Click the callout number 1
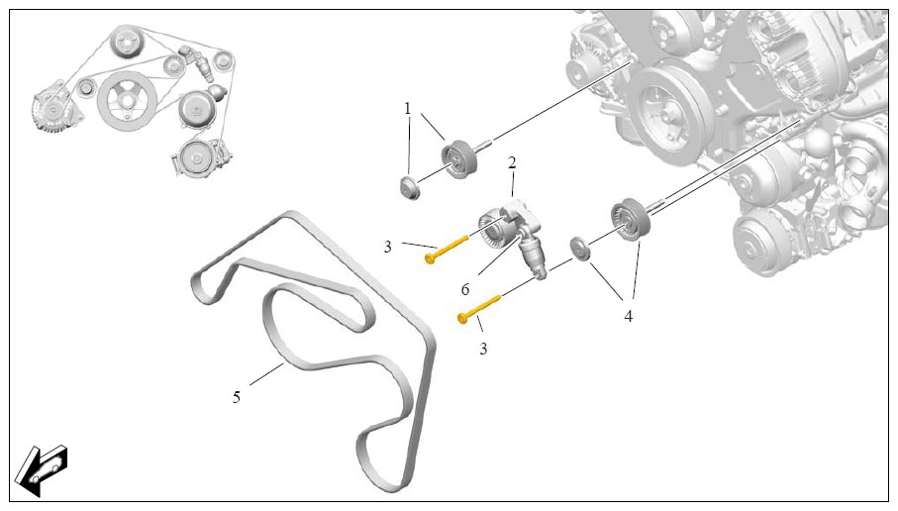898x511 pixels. pyautogui.click(x=407, y=108)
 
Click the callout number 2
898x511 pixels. pyautogui.click(x=512, y=162)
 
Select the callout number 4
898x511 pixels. pyautogui.click(x=629, y=316)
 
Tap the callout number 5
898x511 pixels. pyautogui.click(x=237, y=396)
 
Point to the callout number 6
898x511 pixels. pyautogui.click(x=465, y=290)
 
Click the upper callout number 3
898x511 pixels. pyautogui.click(x=388, y=247)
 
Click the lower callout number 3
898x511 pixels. pyautogui.click(x=483, y=348)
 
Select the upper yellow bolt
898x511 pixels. pyautogui.click(x=447, y=249)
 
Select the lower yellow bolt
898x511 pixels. pyautogui.click(x=479, y=308)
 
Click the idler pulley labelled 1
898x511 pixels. pyautogui.click(x=458, y=159)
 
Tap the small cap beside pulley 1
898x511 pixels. pyautogui.click(x=410, y=188)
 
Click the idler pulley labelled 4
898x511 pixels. pyautogui.click(x=630, y=217)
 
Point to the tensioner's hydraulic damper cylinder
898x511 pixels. pyautogui.click(x=532, y=255)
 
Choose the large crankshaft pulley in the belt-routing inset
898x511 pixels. pyautogui.click(x=126, y=101)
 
